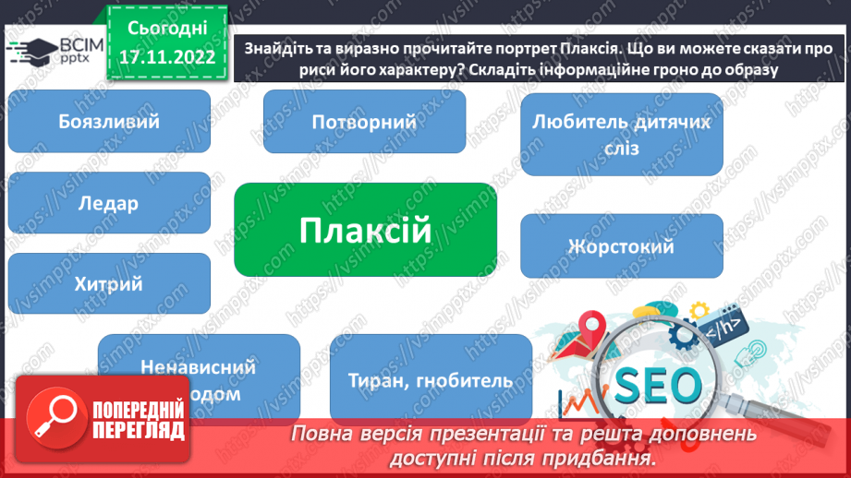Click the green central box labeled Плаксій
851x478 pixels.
pyautogui.click(x=365, y=230)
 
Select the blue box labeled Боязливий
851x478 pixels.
pyautogui.click(x=108, y=122)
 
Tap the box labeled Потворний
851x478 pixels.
pyautogui.click(x=364, y=122)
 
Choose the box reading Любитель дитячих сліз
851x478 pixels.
pyautogui.click(x=621, y=134)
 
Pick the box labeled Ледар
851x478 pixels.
pyautogui.click(x=108, y=204)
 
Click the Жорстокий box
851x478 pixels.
pyautogui.click(x=621, y=246)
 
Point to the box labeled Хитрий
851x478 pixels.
pyautogui.click(x=108, y=284)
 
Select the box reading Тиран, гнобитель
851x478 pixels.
pyautogui.click(x=431, y=379)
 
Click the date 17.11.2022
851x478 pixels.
pyautogui.click(x=166, y=57)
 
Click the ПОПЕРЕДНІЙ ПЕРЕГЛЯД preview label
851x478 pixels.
pyautogui.click(x=137, y=418)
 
